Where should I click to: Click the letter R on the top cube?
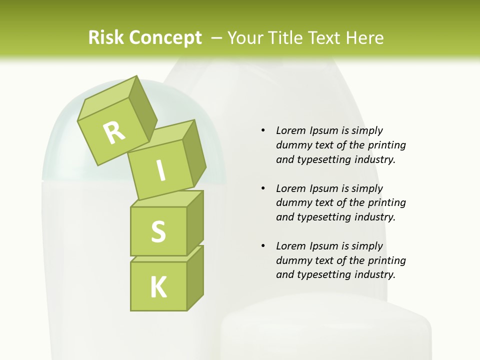114,133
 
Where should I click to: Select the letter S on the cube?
158,231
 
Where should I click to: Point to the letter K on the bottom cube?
158,287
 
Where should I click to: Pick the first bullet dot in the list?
263,131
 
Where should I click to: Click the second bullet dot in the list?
263,188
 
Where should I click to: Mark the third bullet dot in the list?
263,246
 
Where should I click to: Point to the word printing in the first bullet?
387,145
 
